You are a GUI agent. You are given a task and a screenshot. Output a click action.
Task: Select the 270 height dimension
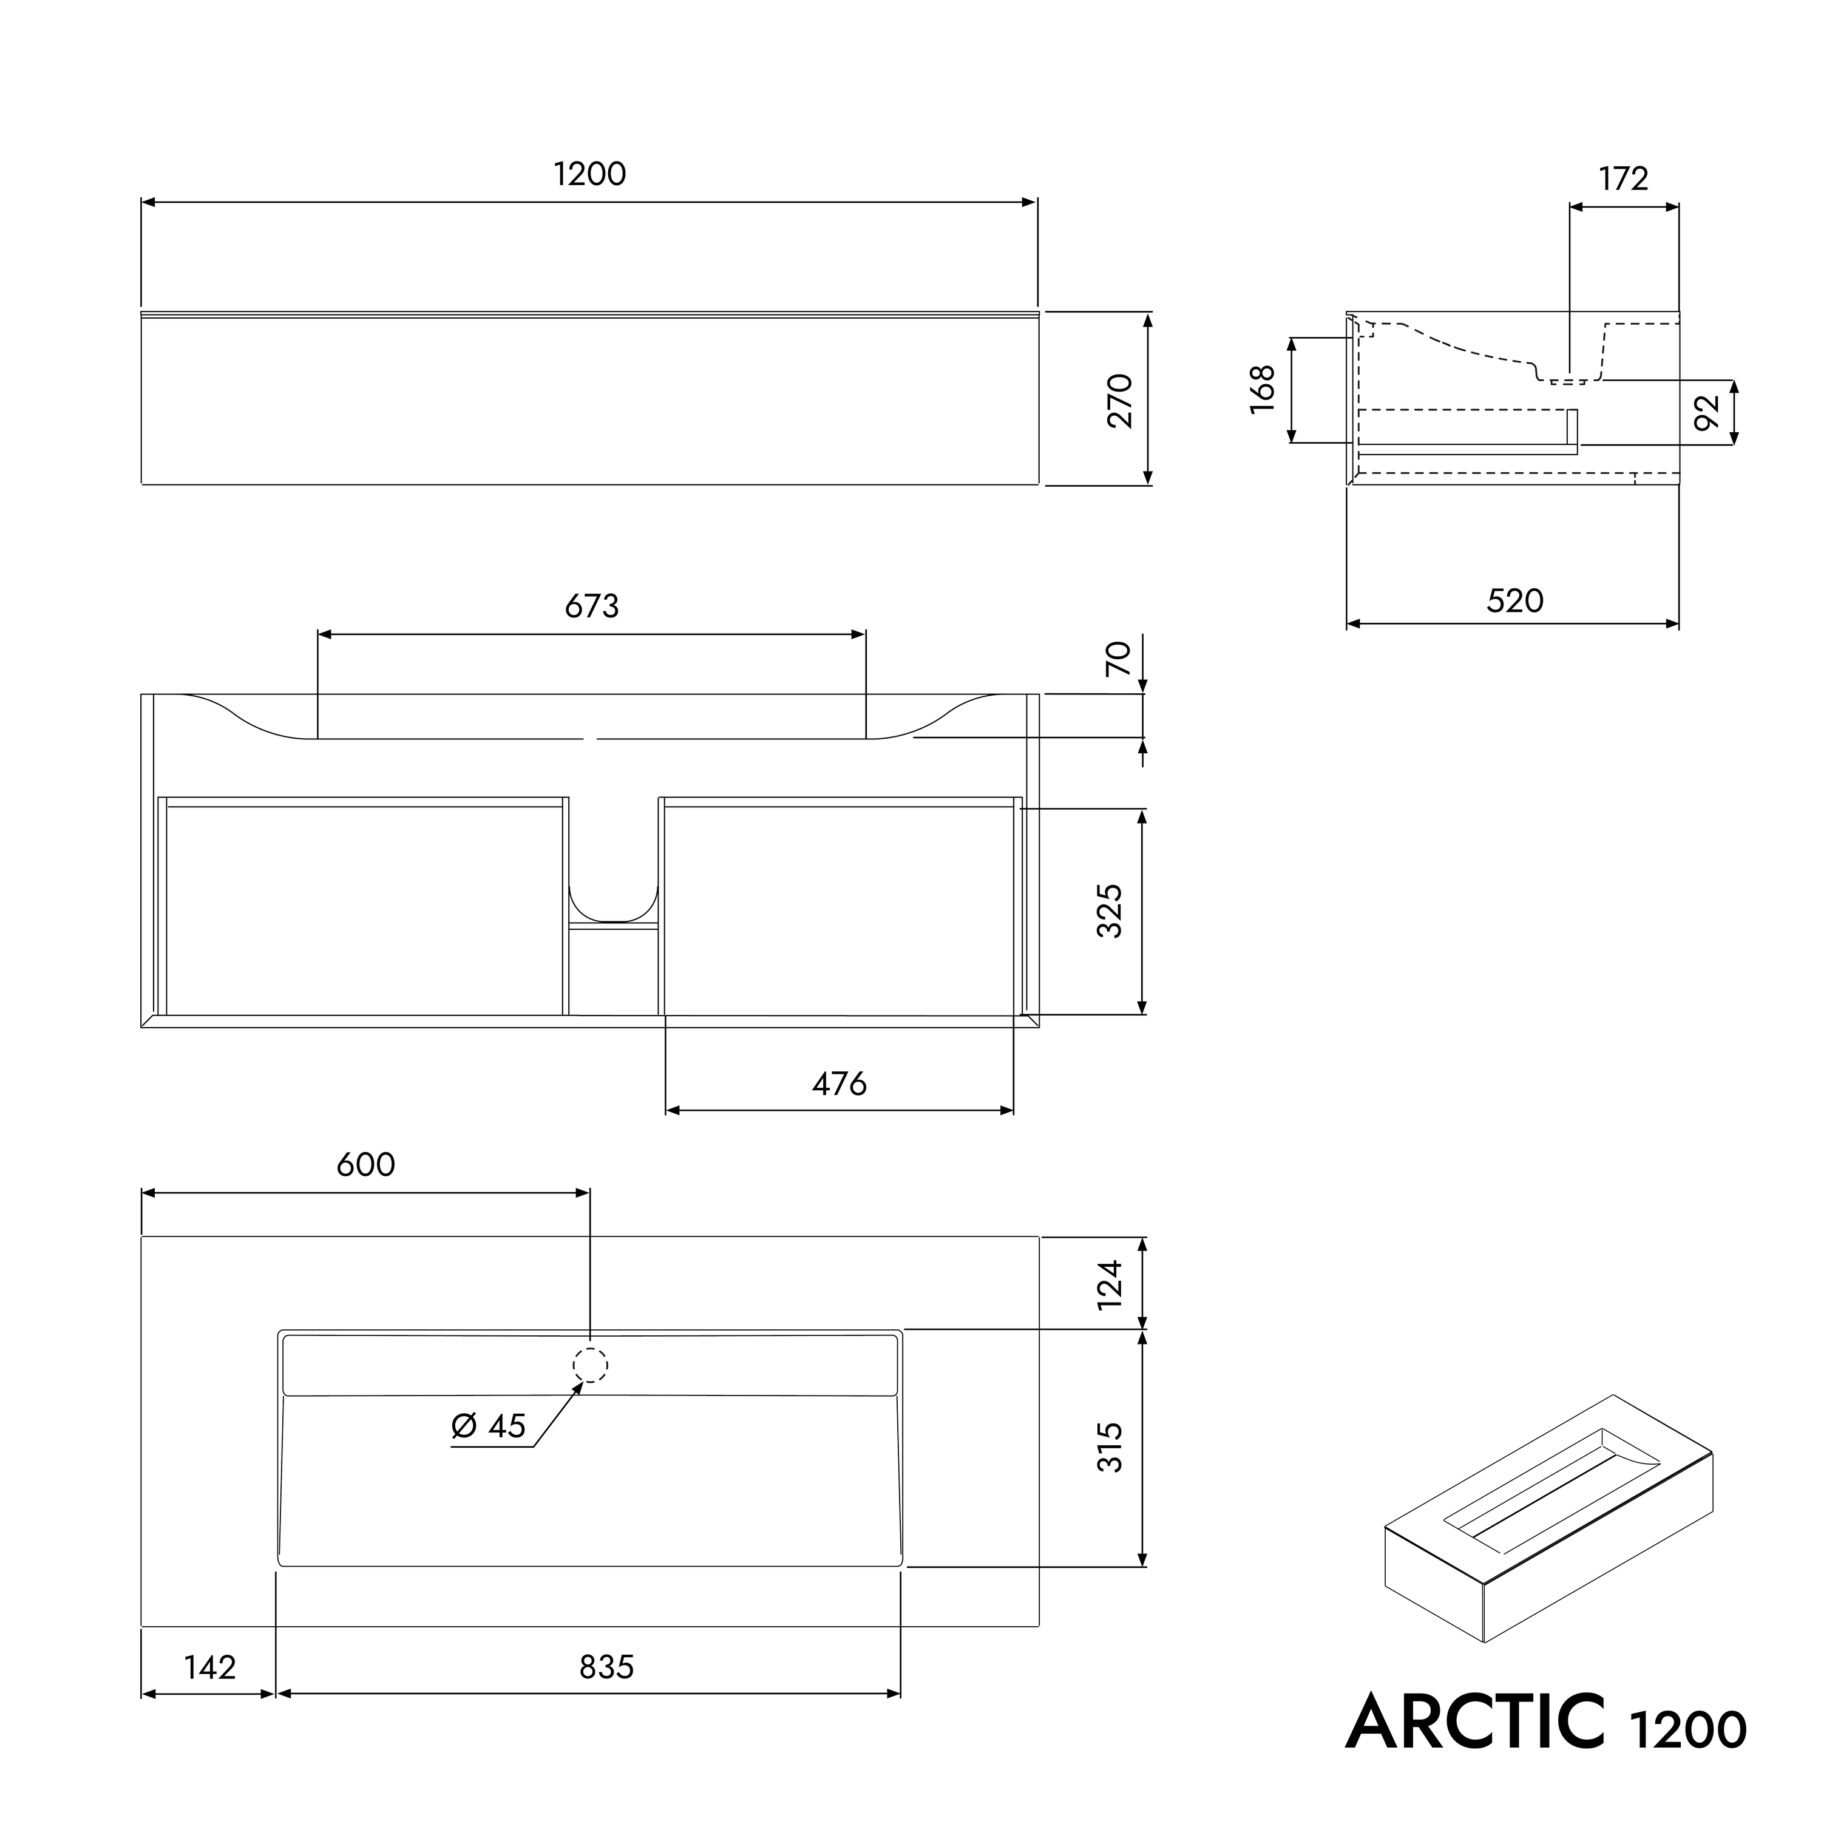point(1120,401)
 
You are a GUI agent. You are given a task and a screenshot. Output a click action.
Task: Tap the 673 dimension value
point(592,606)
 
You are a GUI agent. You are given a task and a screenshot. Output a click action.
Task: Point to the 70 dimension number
point(1118,658)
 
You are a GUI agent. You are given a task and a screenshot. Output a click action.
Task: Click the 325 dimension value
point(1110,910)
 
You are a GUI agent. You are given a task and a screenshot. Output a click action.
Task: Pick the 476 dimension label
point(839,1085)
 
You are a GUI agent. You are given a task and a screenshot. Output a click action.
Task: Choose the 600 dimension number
point(365,1165)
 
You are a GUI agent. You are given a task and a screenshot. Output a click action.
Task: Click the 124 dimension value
point(1110,1284)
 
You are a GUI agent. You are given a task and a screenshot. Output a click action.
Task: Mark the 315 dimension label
point(1110,1448)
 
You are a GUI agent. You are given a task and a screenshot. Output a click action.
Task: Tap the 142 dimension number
point(209,1668)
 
